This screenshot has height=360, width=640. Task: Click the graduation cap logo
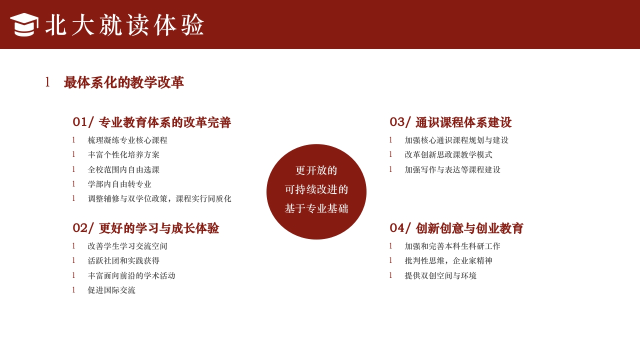[24, 24]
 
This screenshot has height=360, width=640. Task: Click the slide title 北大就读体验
[125, 25]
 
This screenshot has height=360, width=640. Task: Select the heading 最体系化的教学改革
[123, 82]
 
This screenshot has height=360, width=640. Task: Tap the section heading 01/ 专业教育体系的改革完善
[151, 122]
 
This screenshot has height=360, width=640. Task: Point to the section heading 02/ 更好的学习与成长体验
[145, 228]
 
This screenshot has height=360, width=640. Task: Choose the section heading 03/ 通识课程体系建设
[450, 122]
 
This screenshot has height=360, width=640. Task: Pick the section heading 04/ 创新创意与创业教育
[456, 228]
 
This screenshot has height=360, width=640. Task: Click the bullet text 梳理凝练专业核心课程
[127, 140]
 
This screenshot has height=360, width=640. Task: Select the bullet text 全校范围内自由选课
[123, 170]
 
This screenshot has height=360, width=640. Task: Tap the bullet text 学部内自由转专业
[119, 184]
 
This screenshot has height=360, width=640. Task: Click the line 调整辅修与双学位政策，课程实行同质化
[159, 199]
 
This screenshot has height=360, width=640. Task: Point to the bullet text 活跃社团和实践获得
[123, 261]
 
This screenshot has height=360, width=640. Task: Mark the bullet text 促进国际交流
[111, 290]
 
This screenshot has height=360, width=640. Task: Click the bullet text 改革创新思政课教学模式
[448, 155]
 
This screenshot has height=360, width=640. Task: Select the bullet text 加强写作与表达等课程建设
[452, 170]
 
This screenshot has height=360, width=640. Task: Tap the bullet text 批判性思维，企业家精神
[448, 261]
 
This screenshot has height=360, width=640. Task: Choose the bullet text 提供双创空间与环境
[440, 276]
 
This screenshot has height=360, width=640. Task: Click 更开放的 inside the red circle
[316, 170]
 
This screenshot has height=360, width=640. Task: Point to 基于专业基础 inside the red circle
[316, 209]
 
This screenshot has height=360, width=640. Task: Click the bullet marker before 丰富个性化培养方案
[73, 154]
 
